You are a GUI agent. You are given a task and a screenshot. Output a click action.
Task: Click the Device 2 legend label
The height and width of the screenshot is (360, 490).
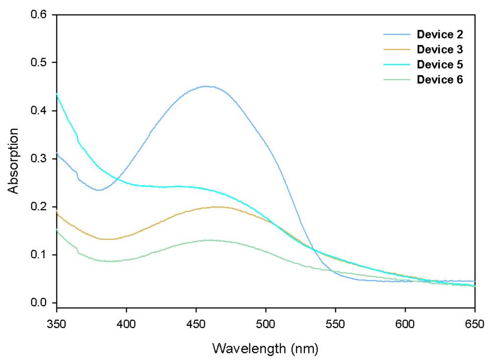tap(440, 34)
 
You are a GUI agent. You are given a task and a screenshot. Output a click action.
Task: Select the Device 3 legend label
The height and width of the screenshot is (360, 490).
tap(440, 49)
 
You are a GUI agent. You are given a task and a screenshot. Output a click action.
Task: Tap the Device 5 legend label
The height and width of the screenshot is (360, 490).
tap(440, 65)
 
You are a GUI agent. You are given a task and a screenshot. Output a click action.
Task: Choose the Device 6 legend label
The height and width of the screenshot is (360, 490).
tap(440, 80)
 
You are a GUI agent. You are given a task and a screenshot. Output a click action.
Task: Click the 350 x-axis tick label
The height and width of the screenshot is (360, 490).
tap(57, 324)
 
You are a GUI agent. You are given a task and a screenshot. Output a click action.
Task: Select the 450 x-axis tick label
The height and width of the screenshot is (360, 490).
tap(196, 324)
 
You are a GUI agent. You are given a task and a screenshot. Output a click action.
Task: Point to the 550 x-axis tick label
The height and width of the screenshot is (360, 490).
tap(335, 324)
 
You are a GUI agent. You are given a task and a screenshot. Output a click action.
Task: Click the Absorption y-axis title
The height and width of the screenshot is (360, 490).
tap(14, 161)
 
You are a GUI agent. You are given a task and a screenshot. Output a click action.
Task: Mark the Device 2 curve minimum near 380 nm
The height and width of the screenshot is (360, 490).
tap(98, 190)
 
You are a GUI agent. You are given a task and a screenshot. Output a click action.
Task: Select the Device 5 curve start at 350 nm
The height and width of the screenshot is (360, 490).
tap(57, 94)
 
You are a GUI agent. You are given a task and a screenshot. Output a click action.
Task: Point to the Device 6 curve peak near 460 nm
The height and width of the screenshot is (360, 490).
tap(210, 240)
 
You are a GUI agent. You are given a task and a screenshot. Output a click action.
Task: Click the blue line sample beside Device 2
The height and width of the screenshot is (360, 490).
tap(397, 34)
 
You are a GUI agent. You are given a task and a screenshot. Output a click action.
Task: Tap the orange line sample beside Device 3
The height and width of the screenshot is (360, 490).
tap(397, 49)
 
